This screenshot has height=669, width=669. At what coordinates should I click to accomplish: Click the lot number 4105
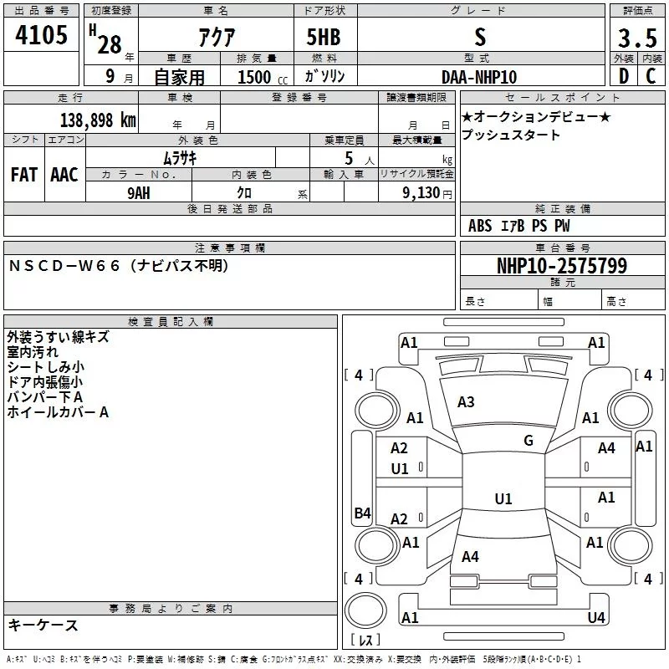coord(42,36)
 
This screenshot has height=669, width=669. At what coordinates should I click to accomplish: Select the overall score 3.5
coord(636,38)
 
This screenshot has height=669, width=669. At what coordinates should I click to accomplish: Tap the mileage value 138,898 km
coord(98,120)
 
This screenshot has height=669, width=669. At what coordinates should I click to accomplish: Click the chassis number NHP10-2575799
coord(561,266)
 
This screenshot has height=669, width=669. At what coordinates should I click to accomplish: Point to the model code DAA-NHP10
coord(479,76)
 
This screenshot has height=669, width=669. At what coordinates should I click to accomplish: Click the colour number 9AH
coord(139,192)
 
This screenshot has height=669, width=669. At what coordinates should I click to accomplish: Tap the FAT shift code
coord(23,174)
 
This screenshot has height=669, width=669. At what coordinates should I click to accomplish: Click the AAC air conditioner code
coord(64,174)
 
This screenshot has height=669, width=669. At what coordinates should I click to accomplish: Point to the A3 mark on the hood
coord(466,402)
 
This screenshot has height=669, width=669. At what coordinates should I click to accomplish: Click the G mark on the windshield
coord(529,441)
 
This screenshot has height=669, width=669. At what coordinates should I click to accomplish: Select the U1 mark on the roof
coord(503,499)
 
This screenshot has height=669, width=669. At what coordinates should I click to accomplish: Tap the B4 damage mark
coord(362,513)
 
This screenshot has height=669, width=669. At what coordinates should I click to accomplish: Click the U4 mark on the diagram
coord(595,617)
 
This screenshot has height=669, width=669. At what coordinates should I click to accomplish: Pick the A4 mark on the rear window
coord(470,556)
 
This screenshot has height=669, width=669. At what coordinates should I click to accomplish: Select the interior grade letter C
coord(650,76)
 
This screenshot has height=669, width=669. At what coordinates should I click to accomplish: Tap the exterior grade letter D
coord(623,76)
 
